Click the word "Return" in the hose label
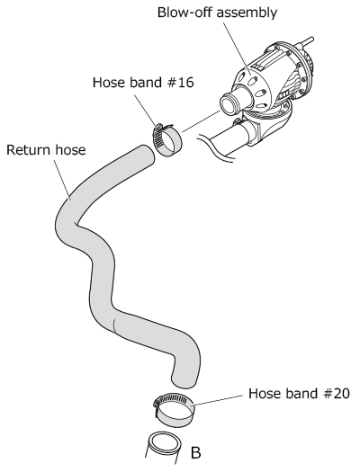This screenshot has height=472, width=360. pyautogui.click(x=27, y=150)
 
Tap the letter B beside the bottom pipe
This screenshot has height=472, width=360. pyautogui.click(x=196, y=452)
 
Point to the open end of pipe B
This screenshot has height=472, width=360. pyautogui.click(x=166, y=443)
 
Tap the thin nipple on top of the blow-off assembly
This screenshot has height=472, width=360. pyautogui.click(x=307, y=41)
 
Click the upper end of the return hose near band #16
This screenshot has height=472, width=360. pyautogui.click(x=145, y=154)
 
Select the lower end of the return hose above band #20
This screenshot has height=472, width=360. pyautogui.click(x=184, y=380)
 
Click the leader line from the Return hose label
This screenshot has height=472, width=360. pyautogui.click(x=62, y=180)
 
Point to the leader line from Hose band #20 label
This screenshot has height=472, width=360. pyautogui.click(x=218, y=400)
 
